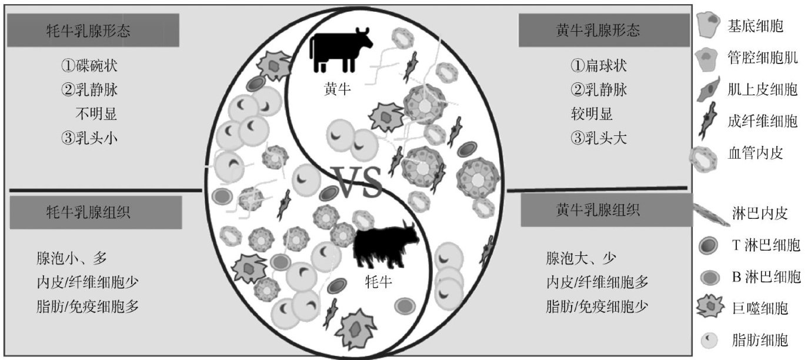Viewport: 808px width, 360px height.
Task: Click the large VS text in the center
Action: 357,181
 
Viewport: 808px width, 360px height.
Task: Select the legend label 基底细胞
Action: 756,26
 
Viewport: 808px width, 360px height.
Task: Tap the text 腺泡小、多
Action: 72,258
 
